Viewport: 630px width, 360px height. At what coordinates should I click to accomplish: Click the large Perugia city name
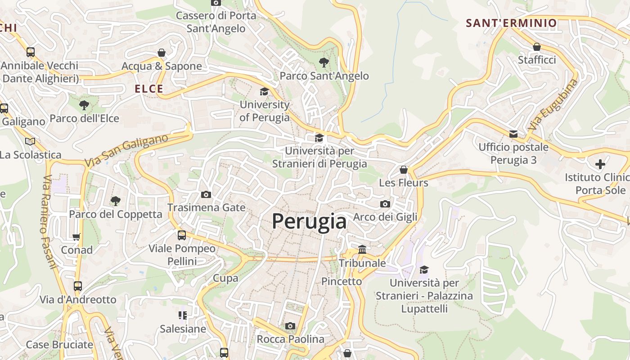309,221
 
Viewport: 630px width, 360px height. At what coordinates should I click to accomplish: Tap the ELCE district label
149,89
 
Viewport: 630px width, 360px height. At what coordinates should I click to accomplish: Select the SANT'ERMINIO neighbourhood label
511,23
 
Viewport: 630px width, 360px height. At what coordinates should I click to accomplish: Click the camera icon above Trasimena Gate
206,194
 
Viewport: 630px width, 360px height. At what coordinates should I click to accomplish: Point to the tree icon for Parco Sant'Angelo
324,63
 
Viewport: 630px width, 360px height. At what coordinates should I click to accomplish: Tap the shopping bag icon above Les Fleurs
404,170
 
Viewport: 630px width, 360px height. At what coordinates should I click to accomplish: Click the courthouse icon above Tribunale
362,249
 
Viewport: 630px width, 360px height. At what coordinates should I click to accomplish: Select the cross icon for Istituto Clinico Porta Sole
600,164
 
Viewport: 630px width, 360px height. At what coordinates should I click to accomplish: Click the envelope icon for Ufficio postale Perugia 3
513,134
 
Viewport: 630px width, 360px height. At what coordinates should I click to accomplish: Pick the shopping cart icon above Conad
76,237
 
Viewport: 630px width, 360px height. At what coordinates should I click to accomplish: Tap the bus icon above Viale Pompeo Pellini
182,235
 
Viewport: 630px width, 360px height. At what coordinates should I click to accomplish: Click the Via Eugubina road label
553,105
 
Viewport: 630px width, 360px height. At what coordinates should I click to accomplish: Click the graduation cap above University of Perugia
264,91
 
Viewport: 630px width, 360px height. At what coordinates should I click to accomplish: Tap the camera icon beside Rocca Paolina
290,326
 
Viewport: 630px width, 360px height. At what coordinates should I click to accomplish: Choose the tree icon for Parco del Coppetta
116,201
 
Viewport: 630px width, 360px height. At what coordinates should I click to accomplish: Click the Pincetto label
342,281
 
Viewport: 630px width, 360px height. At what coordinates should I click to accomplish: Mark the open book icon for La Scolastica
30,141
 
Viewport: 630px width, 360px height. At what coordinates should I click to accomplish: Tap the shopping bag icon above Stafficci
536,47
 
